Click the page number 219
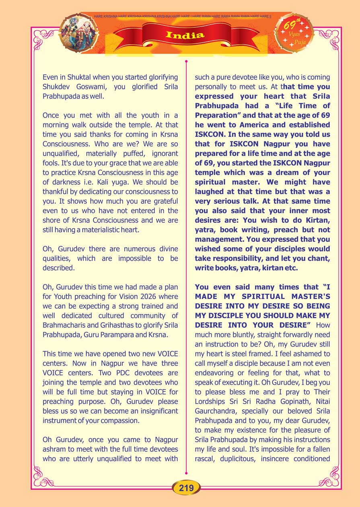186,488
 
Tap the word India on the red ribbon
185,35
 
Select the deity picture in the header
79,33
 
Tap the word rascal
206,458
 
